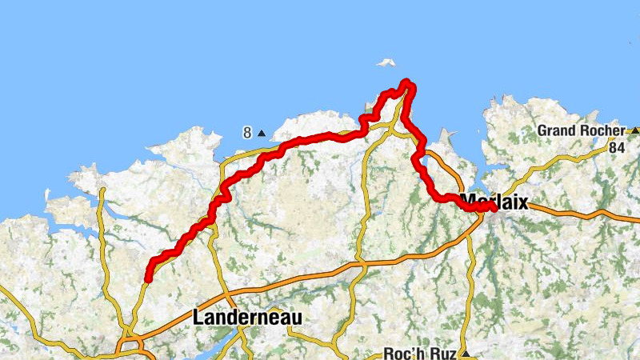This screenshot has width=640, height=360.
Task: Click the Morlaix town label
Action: coord(495,202)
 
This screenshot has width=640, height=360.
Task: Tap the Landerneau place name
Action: coord(247,318)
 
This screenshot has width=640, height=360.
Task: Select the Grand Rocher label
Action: coord(580,130)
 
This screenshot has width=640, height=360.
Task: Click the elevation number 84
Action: coord(616,147)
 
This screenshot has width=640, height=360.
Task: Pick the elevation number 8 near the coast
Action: coord(248,133)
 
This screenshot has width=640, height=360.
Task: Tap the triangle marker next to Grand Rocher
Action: coord(634,130)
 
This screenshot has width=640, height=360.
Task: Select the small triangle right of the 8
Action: coord(261,133)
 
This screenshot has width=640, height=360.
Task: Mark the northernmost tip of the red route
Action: coord(406,82)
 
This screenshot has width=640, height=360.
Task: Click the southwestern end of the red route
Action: coord(148,278)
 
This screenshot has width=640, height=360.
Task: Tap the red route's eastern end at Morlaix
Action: coord(493,207)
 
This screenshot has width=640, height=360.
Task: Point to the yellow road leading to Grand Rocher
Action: coord(560,164)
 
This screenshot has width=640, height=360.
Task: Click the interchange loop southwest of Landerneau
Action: coord(128,346)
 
